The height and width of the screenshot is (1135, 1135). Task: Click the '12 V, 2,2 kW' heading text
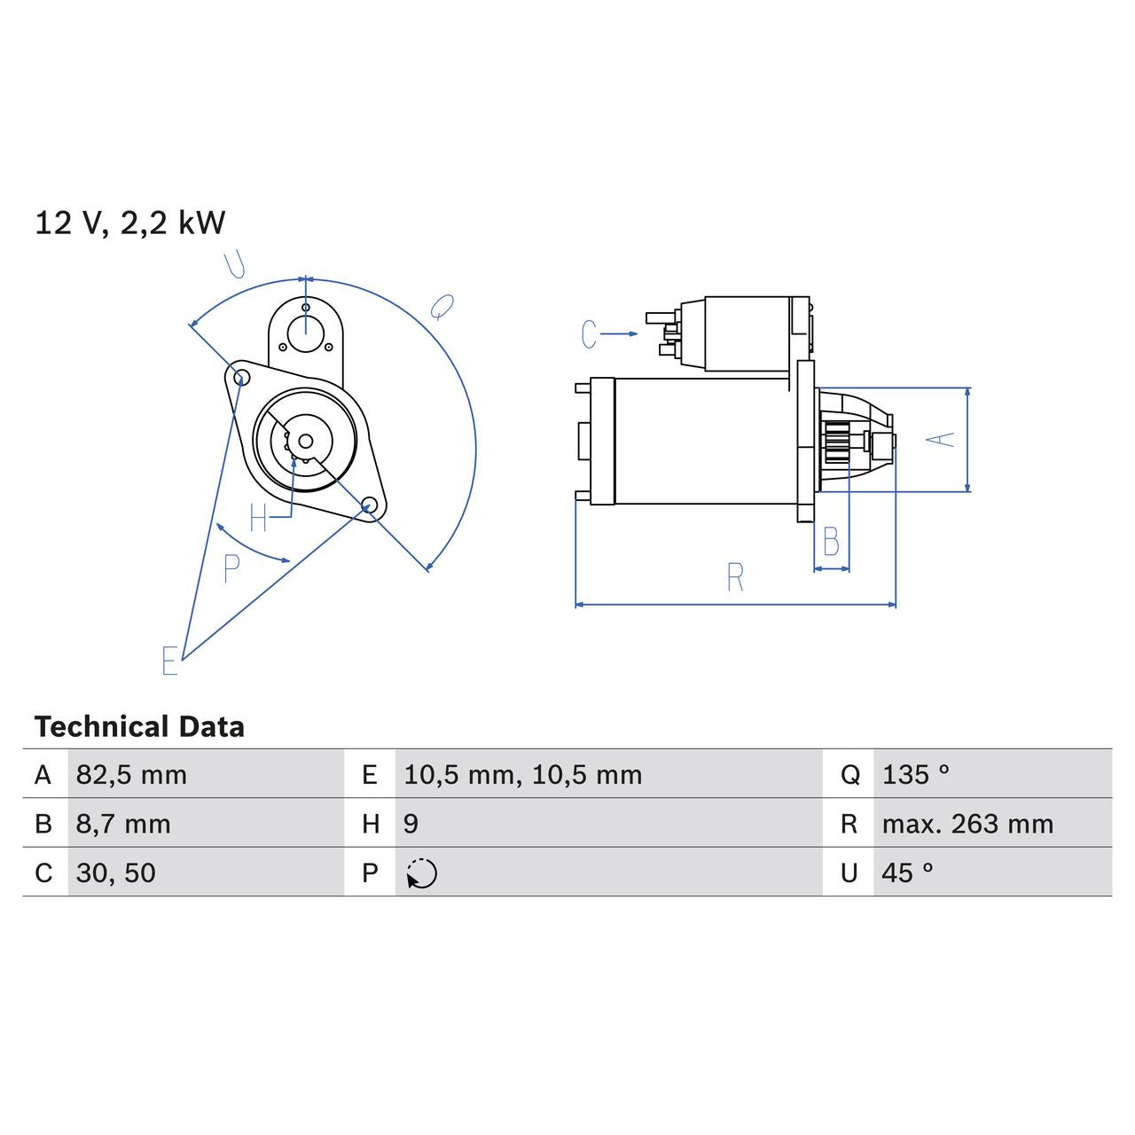pyautogui.click(x=130, y=223)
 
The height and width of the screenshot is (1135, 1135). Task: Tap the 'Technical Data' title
pyautogui.click(x=139, y=727)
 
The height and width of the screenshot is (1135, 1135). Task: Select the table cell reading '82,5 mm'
pyautogui.click(x=131, y=775)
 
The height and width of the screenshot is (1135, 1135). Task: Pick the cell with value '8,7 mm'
pyautogui.click(x=122, y=824)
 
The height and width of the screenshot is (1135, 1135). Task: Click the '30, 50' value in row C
pyautogui.click(x=115, y=873)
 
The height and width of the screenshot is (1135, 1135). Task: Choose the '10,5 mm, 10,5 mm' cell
pyautogui.click(x=522, y=775)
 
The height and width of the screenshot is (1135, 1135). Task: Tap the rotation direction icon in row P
pyautogui.click(x=422, y=873)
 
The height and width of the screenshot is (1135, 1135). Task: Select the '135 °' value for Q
pyautogui.click(x=915, y=775)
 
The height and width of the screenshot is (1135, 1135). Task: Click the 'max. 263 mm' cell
pyautogui.click(x=967, y=824)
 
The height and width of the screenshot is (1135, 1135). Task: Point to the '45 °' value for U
pyautogui.click(x=907, y=873)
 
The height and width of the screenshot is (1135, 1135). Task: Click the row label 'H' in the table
pyautogui.click(x=371, y=824)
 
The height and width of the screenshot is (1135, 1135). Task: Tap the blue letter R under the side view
pyautogui.click(x=735, y=578)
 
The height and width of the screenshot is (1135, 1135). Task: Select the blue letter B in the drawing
pyautogui.click(x=831, y=542)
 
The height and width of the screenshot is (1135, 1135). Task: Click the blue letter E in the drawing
pyautogui.click(x=170, y=661)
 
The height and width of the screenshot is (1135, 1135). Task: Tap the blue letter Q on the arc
pyautogui.click(x=442, y=308)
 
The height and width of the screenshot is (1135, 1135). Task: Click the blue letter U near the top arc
pyautogui.click(x=234, y=264)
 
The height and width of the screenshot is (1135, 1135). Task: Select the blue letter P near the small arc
pyautogui.click(x=231, y=568)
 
